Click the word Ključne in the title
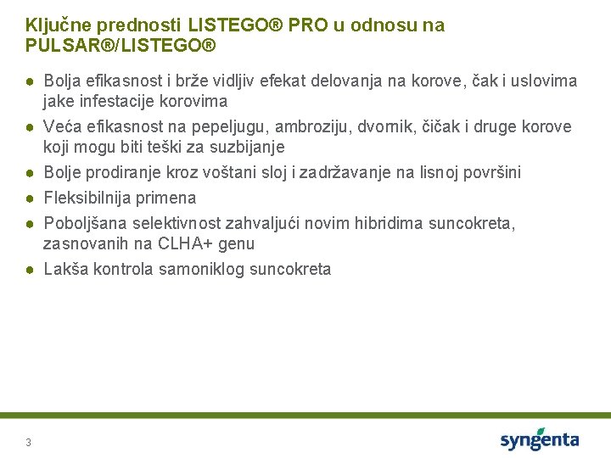pos(53,25)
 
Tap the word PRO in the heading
pos(306,25)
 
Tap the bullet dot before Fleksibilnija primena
pos(29,198)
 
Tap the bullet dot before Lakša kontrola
pos(29,270)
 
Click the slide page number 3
pos(29,442)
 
